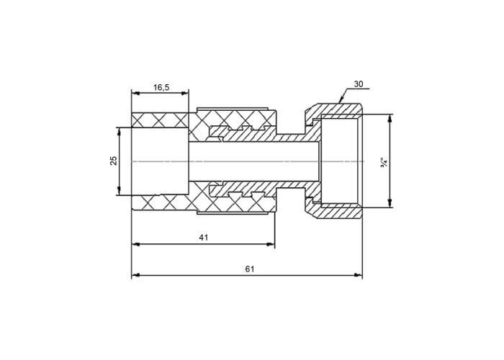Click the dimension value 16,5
161,87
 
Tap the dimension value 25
114,161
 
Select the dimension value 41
204,238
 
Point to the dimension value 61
250,269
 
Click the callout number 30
359,84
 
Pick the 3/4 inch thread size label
384,162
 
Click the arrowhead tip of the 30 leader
339,102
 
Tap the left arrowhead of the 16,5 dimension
135,93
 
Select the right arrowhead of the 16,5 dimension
185,93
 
